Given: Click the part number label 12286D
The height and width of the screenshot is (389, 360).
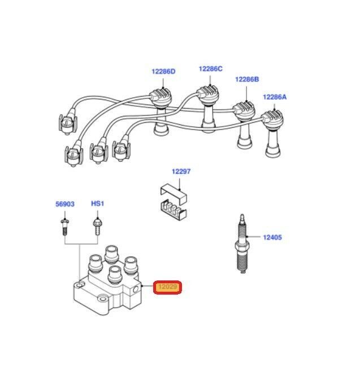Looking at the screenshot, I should (163, 72).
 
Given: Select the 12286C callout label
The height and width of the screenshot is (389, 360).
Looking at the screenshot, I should (210, 69).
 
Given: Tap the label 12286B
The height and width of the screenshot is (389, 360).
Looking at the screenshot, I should (246, 80).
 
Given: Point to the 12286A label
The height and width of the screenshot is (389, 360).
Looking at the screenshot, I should (275, 97).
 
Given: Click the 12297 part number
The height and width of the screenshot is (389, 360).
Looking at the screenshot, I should (181, 171).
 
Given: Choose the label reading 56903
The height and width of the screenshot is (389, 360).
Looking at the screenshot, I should (64, 204).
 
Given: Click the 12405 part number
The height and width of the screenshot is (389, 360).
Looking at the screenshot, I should (272, 238).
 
